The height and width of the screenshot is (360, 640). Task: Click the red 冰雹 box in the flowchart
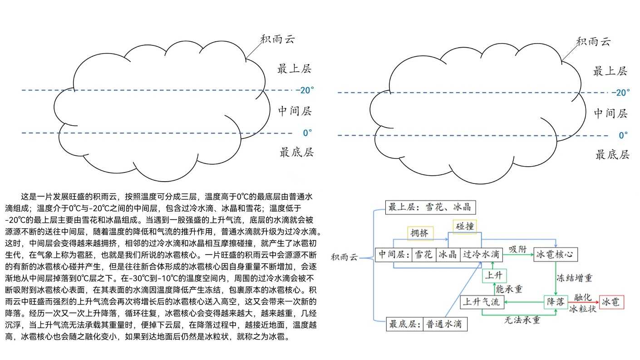[x=611, y=302]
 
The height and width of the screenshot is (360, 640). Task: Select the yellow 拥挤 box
[x=420, y=233]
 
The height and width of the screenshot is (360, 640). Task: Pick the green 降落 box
[x=556, y=302]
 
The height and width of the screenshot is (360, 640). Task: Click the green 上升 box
[x=494, y=276]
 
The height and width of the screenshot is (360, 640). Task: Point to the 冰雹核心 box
[x=556, y=254]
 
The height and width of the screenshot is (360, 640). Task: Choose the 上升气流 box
[x=482, y=302]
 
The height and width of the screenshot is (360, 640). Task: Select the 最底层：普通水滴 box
[x=426, y=324]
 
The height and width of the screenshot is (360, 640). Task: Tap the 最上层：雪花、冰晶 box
[x=429, y=207]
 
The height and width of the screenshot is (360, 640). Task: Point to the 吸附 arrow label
[x=517, y=249]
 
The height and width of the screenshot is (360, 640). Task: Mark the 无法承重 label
[x=522, y=320]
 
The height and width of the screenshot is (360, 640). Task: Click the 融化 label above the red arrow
[x=582, y=297]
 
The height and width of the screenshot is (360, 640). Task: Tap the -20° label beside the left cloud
[x=305, y=90]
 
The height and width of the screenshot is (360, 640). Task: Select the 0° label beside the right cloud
[x=623, y=135]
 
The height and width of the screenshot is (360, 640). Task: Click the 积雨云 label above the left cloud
[x=278, y=39]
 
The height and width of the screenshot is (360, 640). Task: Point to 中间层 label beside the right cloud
[x=611, y=113]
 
